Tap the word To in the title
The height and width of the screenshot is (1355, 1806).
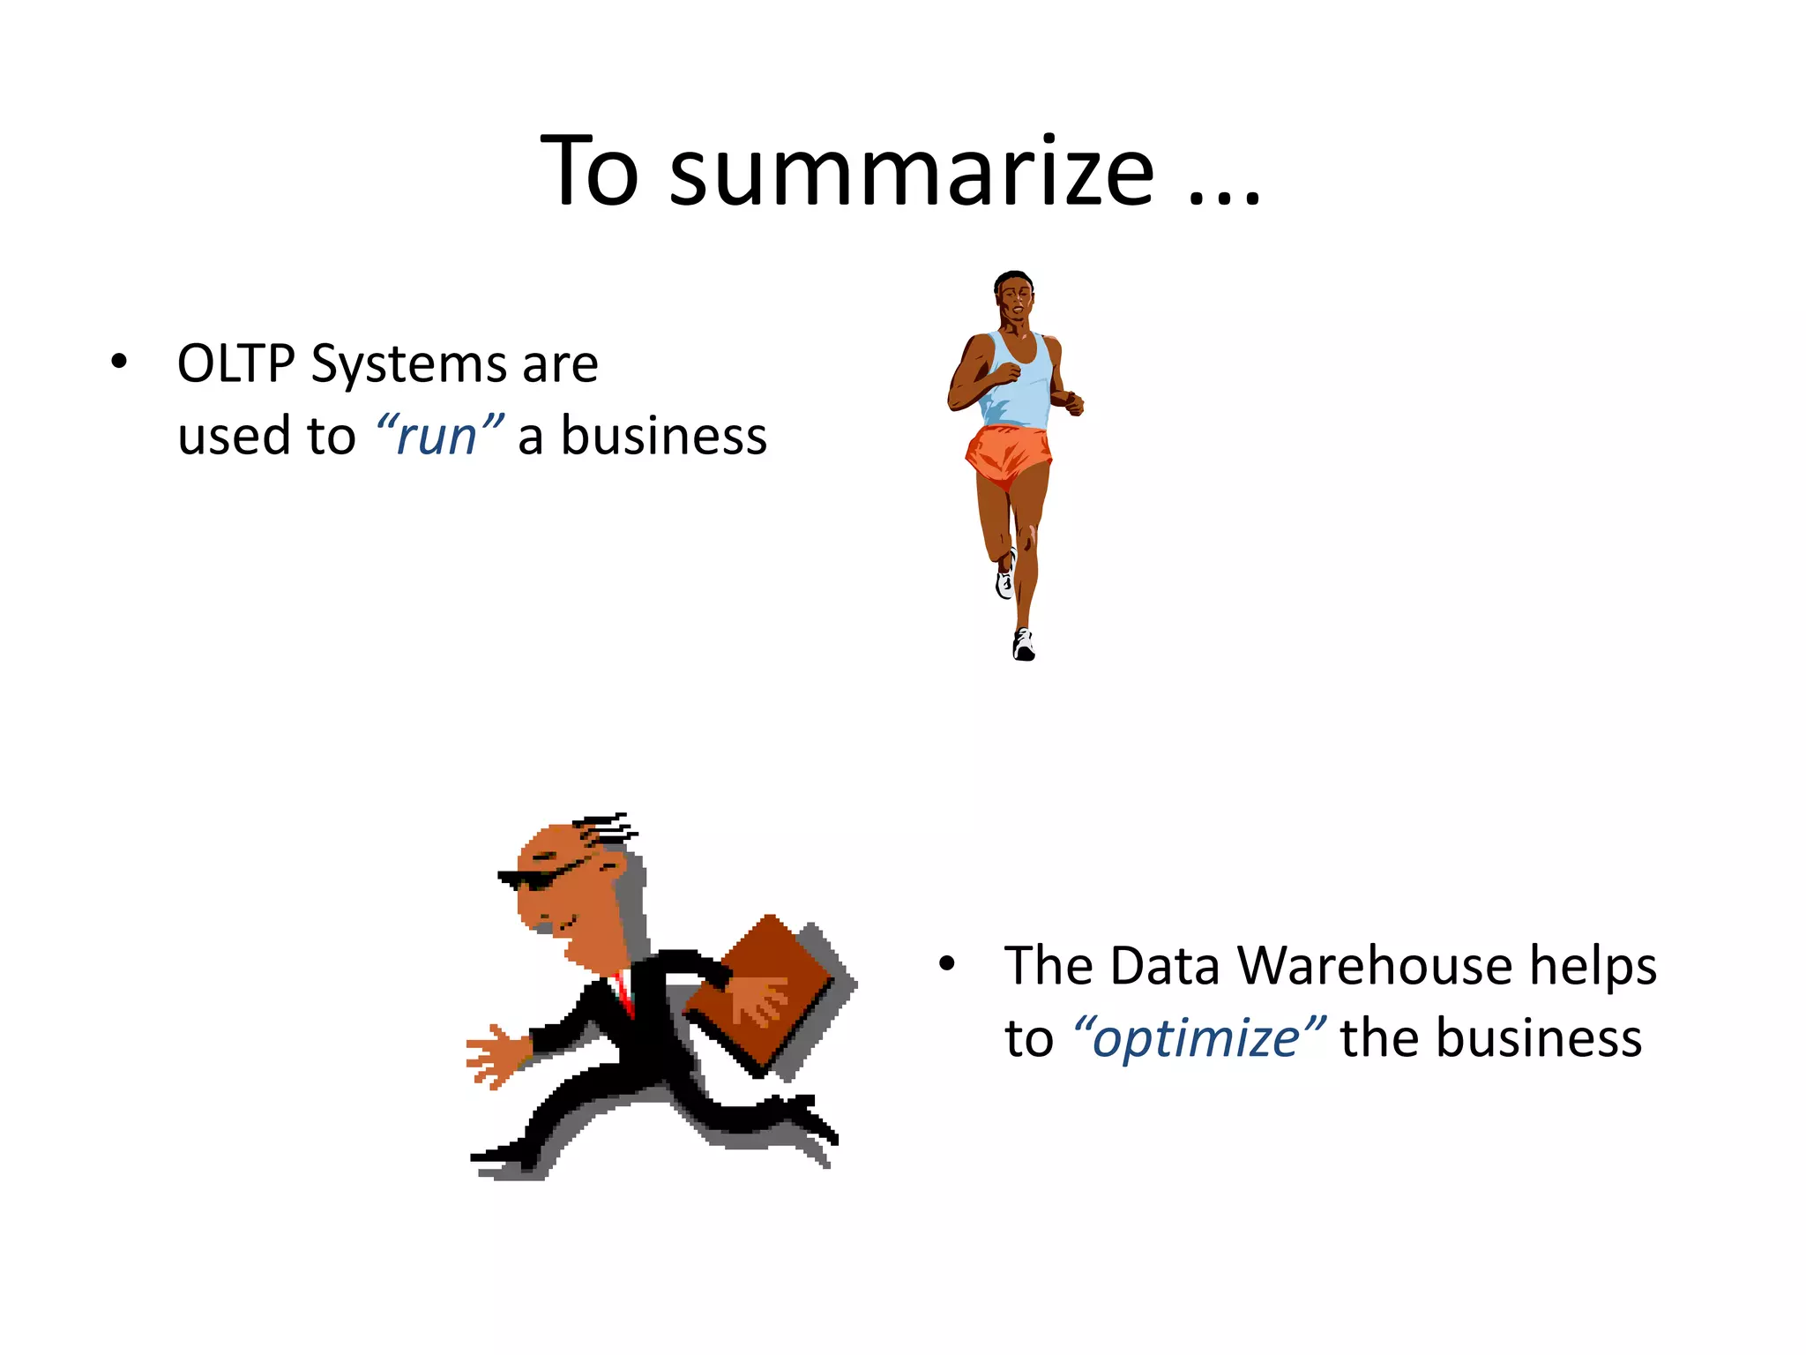[x=589, y=173]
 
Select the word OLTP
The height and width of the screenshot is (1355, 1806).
[x=235, y=364]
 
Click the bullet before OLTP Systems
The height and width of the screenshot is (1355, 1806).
[x=119, y=362]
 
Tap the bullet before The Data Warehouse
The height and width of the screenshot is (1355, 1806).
[x=947, y=963]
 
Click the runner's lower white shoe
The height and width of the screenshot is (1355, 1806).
[x=1023, y=645]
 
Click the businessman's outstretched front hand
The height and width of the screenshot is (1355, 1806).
[x=495, y=1055]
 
